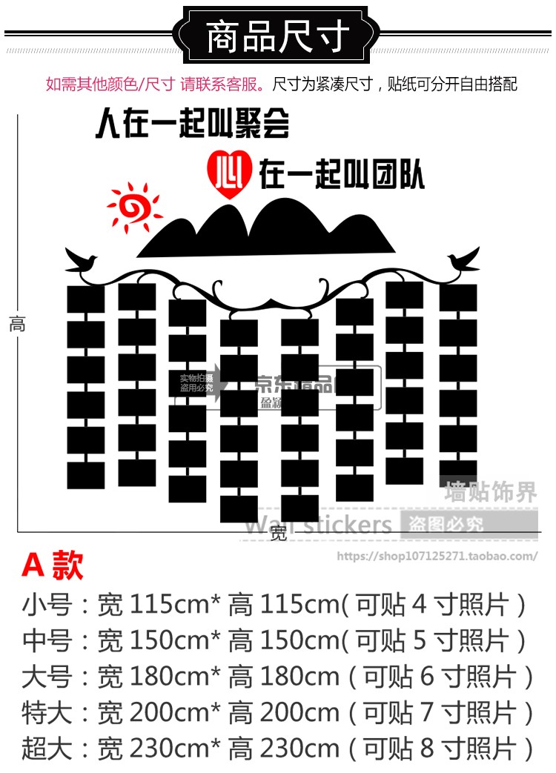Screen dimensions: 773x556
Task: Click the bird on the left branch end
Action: [x=82, y=259]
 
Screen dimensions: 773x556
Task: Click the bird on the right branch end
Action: [x=463, y=260]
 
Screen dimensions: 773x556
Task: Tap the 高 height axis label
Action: [x=17, y=324]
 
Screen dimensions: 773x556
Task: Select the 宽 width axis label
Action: [x=278, y=533]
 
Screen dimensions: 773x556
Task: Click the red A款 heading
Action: [x=53, y=565]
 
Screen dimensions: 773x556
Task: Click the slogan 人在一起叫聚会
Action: [x=191, y=125]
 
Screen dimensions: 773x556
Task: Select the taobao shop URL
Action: [x=437, y=556]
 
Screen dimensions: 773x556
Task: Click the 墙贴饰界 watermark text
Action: [x=490, y=491]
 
